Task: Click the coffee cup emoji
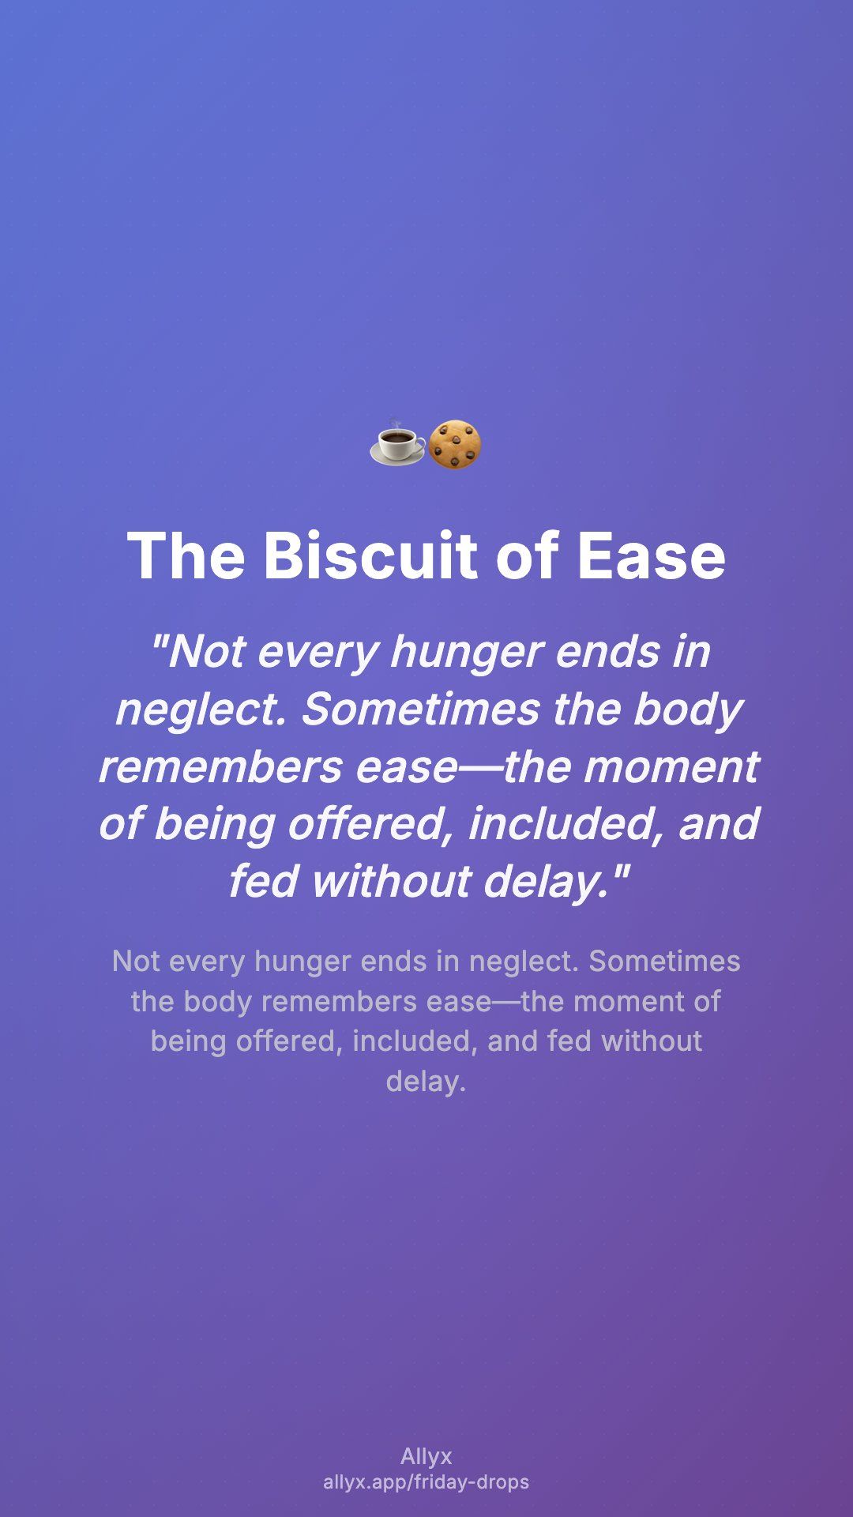click(397, 443)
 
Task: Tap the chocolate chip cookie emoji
click(454, 445)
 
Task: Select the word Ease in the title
click(651, 555)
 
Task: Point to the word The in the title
click(186, 555)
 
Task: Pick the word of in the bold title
click(528, 555)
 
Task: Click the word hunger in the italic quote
click(467, 653)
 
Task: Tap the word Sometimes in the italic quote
click(419, 709)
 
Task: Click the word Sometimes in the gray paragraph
click(664, 961)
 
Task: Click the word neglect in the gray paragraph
click(524, 962)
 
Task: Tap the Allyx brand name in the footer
click(426, 1456)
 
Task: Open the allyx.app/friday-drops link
click(426, 1481)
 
